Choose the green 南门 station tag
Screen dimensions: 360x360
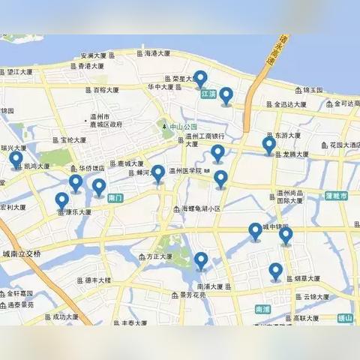(115, 198)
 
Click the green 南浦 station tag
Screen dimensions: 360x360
(262, 309)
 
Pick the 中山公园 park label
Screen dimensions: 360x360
(180, 127)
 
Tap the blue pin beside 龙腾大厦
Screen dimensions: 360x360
(268, 145)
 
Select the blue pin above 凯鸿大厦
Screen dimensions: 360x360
(16, 160)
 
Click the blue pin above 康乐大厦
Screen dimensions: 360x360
(61, 200)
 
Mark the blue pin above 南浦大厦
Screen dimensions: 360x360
(201, 260)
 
